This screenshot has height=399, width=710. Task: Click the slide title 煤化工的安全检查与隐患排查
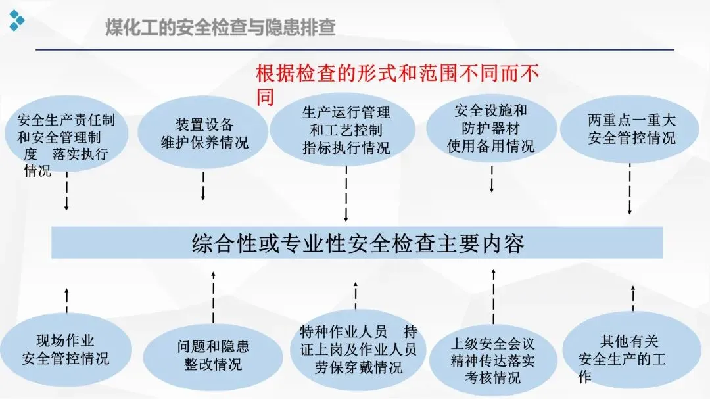pyautogui.click(x=221, y=28)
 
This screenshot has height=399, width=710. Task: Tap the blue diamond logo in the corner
pyautogui.click(x=16, y=20)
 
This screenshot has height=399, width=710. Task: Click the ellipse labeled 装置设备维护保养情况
pyautogui.click(x=204, y=133)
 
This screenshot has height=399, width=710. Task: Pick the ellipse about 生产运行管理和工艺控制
pyautogui.click(x=346, y=130)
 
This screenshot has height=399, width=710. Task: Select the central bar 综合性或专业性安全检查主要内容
pyautogui.click(x=357, y=243)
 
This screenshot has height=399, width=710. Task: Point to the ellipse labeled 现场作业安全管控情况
pyautogui.click(x=66, y=349)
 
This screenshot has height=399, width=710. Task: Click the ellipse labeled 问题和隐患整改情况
pyautogui.click(x=212, y=355)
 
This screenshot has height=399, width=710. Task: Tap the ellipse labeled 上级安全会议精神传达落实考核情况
pyautogui.click(x=492, y=360)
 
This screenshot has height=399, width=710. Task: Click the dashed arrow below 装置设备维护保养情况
pyautogui.click(x=203, y=185)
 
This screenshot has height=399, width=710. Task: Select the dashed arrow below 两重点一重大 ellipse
pyautogui.click(x=630, y=189)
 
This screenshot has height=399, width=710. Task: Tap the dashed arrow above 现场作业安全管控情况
pyautogui.click(x=66, y=300)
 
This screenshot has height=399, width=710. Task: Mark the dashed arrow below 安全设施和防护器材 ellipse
pyautogui.click(x=492, y=178)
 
